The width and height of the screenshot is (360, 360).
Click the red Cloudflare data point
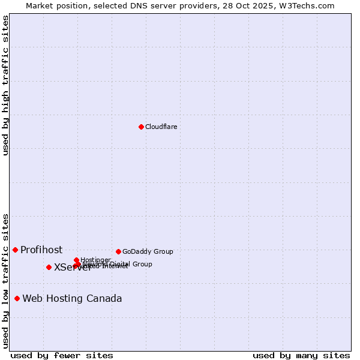pos(141,127)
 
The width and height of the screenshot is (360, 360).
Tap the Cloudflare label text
pos(161,127)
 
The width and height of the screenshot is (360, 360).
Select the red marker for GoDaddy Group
pos(118,251)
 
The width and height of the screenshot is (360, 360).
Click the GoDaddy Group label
pos(148,251)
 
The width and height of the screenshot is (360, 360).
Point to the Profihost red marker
pos(15,250)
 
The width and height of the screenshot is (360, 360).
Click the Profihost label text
pos(41,250)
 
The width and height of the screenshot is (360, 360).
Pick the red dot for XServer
pos(49,267)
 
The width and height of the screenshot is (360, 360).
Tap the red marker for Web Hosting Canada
pos(17,298)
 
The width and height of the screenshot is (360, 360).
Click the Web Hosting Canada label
pos(72,299)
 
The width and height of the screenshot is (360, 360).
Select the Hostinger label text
pos(95,260)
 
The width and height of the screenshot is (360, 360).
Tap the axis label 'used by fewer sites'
pos(62,355)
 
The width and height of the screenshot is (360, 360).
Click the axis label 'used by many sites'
pos(301,355)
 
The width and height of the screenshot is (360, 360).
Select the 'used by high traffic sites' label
pos(5,85)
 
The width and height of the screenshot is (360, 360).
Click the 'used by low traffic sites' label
pos(5,280)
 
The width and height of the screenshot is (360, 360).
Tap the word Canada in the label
pos(106,299)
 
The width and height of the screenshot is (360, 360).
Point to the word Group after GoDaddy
pos(163,251)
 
